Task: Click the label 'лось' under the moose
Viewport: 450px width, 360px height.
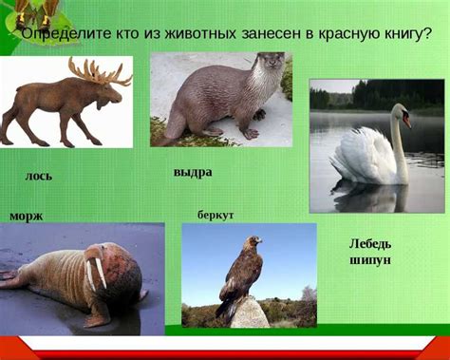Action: tap(38, 177)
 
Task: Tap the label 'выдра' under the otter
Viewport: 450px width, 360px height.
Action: tap(193, 172)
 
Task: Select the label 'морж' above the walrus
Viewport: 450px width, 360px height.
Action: tap(26, 216)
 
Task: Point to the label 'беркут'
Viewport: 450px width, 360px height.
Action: tap(216, 215)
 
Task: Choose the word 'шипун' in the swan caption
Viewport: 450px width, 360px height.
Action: tap(370, 259)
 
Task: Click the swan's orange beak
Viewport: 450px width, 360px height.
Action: tap(406, 121)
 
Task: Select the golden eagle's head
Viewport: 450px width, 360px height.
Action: tap(253, 243)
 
